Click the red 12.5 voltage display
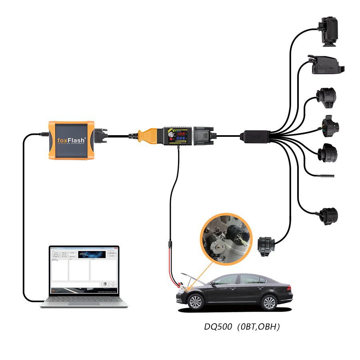pos(181,134)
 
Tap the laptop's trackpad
pos(84,303)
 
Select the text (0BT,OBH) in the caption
pos(258,326)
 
